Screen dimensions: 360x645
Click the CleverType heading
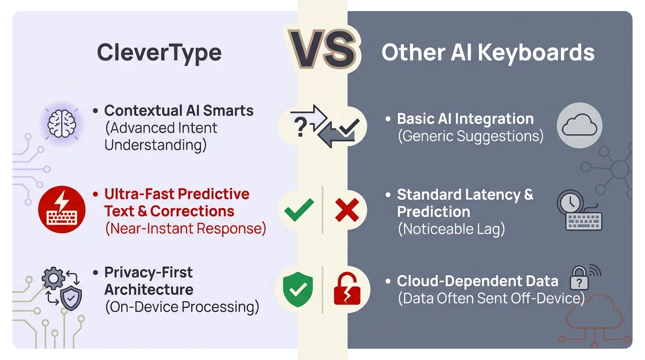pyautogui.click(x=159, y=52)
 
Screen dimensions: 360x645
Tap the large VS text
pyautogui.click(x=322, y=50)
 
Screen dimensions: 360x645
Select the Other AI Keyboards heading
pyautogui.click(x=487, y=52)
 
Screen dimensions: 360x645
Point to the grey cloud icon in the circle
pyautogui.click(x=579, y=126)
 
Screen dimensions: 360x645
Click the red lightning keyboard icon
pyautogui.click(x=61, y=210)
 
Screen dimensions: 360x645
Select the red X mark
pyautogui.click(x=347, y=210)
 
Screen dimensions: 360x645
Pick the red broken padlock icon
pyautogui.click(x=347, y=289)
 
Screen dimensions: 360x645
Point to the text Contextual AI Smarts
pyautogui.click(x=179, y=111)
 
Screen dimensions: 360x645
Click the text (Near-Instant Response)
pyautogui.click(x=185, y=229)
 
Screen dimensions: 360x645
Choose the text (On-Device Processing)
pyautogui.click(x=182, y=307)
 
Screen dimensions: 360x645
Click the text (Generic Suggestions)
pyautogui.click(x=470, y=136)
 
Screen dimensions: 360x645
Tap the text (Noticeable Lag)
pyautogui.click(x=450, y=230)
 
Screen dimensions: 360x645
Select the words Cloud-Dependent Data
pyautogui.click(x=477, y=281)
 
